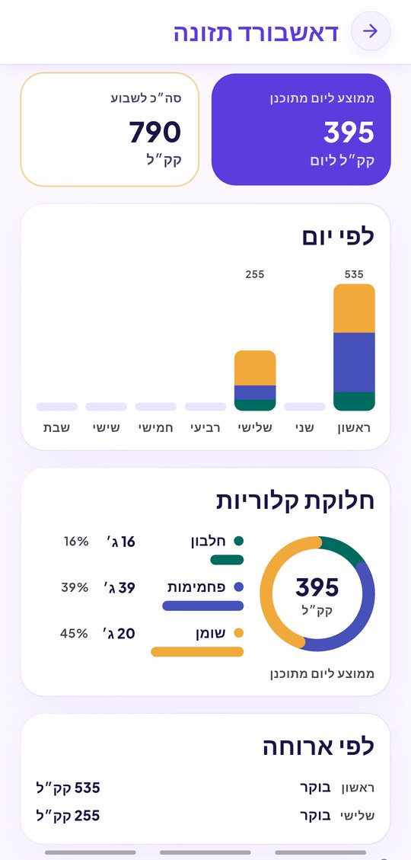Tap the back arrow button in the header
(x=371, y=31)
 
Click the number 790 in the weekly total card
(x=155, y=133)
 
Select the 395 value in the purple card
(x=349, y=133)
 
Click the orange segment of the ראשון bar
(x=354, y=309)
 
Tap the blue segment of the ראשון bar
(x=354, y=363)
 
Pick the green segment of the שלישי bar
(x=255, y=405)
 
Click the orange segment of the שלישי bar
(x=255, y=368)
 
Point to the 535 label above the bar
(x=354, y=274)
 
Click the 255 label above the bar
(x=255, y=274)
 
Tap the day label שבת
(x=57, y=428)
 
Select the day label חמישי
(x=155, y=428)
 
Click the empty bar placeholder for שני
(x=304, y=407)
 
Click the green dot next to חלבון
(x=238, y=541)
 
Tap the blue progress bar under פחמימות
(x=202, y=606)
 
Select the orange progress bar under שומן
(x=197, y=651)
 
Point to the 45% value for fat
(x=74, y=634)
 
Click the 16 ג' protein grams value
(x=120, y=542)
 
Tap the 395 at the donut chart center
(x=317, y=587)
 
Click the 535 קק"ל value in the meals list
(x=68, y=788)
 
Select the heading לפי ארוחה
(x=318, y=747)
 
